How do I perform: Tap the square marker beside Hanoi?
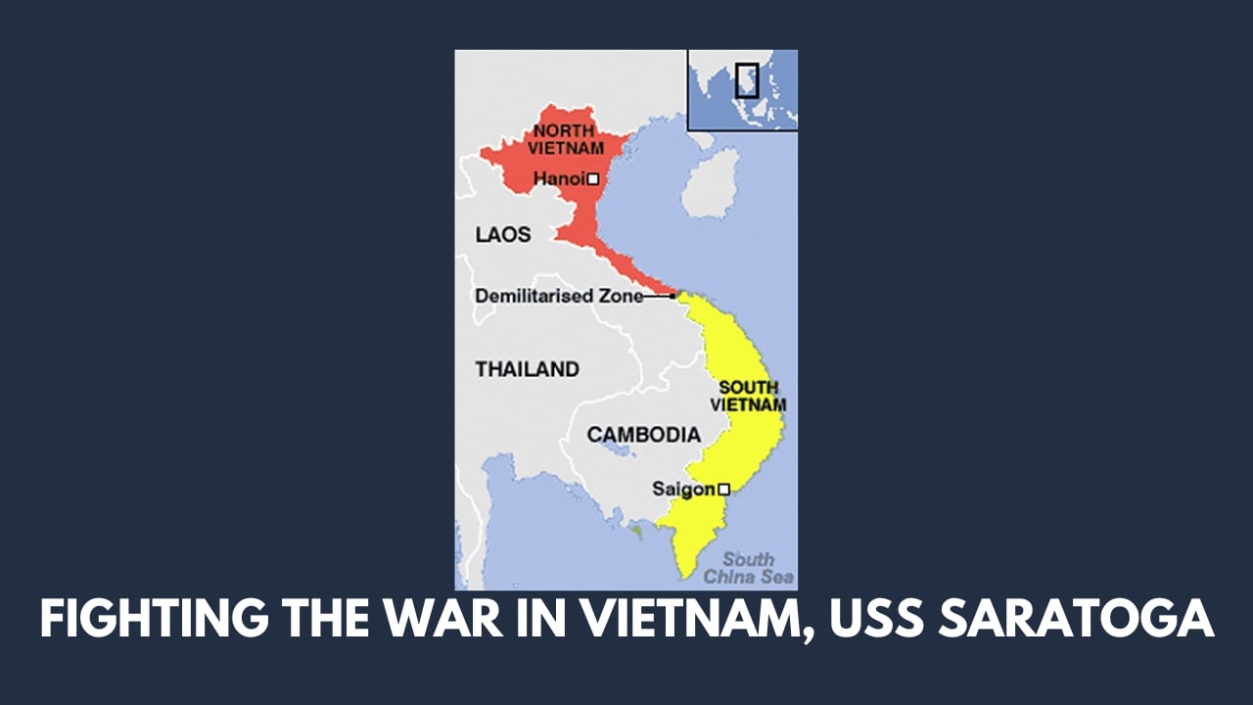(593, 179)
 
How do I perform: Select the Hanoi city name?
(559, 179)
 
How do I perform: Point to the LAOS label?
(503, 235)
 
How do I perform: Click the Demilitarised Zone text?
(559, 296)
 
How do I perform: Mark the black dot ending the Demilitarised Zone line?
(673, 295)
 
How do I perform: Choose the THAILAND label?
(527, 369)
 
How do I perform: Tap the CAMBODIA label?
(643, 435)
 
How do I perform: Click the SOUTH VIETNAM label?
(749, 396)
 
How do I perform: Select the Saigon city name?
(683, 489)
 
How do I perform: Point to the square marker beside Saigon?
(723, 489)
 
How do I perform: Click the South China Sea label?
(756, 568)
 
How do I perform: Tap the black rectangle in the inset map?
(747, 80)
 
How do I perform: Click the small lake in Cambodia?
(619, 450)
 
